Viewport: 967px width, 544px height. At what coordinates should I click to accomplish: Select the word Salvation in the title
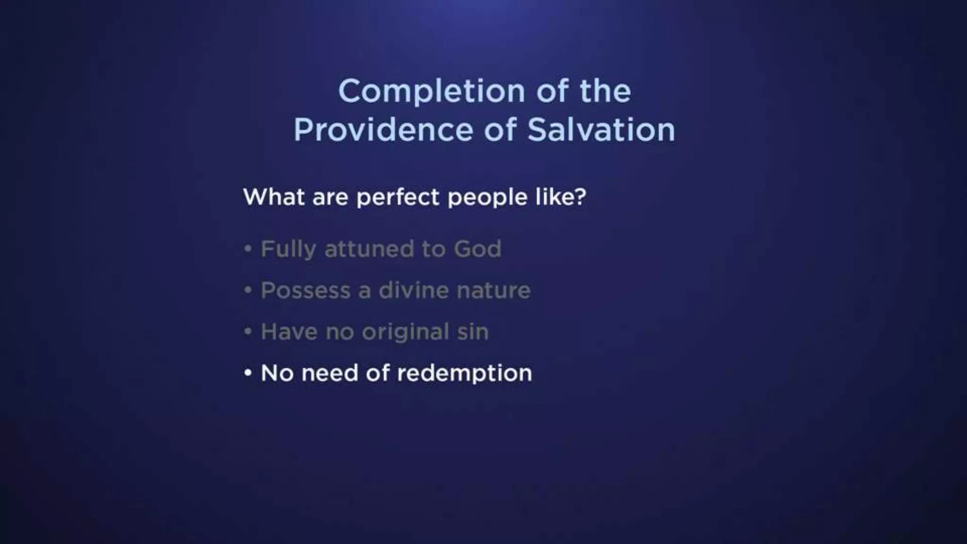[x=601, y=130]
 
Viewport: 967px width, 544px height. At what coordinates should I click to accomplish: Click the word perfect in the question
[x=398, y=197]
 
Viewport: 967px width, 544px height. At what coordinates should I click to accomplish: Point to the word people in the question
[x=487, y=197]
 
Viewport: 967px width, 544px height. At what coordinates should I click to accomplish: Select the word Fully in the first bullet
[x=288, y=249]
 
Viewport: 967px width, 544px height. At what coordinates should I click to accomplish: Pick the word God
[x=477, y=249]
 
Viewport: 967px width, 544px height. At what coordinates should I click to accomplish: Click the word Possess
[x=305, y=290]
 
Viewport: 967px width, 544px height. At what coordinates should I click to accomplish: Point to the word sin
[x=473, y=332]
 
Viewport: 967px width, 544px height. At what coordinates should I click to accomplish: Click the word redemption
[x=465, y=374]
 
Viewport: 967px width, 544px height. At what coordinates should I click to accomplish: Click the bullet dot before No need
[x=248, y=373]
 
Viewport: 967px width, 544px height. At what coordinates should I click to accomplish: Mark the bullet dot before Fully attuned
[x=248, y=248]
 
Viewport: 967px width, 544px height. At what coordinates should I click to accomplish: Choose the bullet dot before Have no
[x=248, y=331]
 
